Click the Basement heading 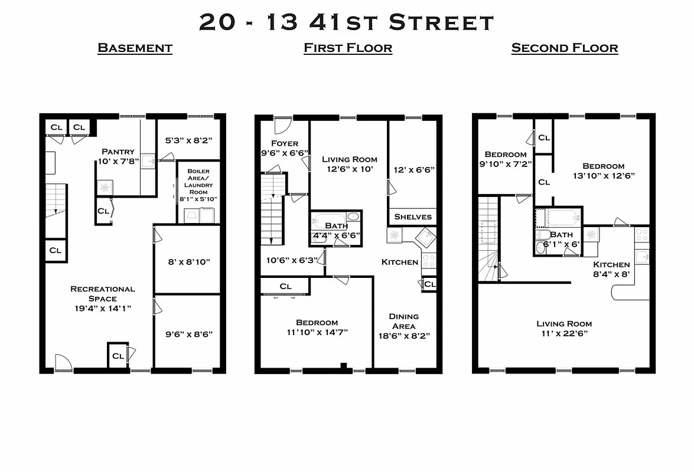pyautogui.click(x=135, y=48)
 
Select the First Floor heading pyautogui.click(x=348, y=48)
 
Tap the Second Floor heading pyautogui.click(x=565, y=48)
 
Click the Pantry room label pyautogui.click(x=118, y=156)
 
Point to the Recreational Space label pyautogui.click(x=103, y=299)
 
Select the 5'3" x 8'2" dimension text pyautogui.click(x=188, y=140)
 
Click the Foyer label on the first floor pyautogui.click(x=285, y=148)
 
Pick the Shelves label pyautogui.click(x=413, y=217)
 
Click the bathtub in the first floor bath pyautogui.click(x=328, y=217)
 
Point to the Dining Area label pyautogui.click(x=404, y=326)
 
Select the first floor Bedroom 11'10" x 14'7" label pyautogui.click(x=317, y=327)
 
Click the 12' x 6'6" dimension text pyautogui.click(x=414, y=170)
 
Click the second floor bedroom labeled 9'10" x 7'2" pyautogui.click(x=505, y=159)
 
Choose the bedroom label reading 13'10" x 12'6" pyautogui.click(x=603, y=171)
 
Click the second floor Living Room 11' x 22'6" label pyautogui.click(x=564, y=329)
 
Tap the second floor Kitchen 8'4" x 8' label pyautogui.click(x=611, y=269)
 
